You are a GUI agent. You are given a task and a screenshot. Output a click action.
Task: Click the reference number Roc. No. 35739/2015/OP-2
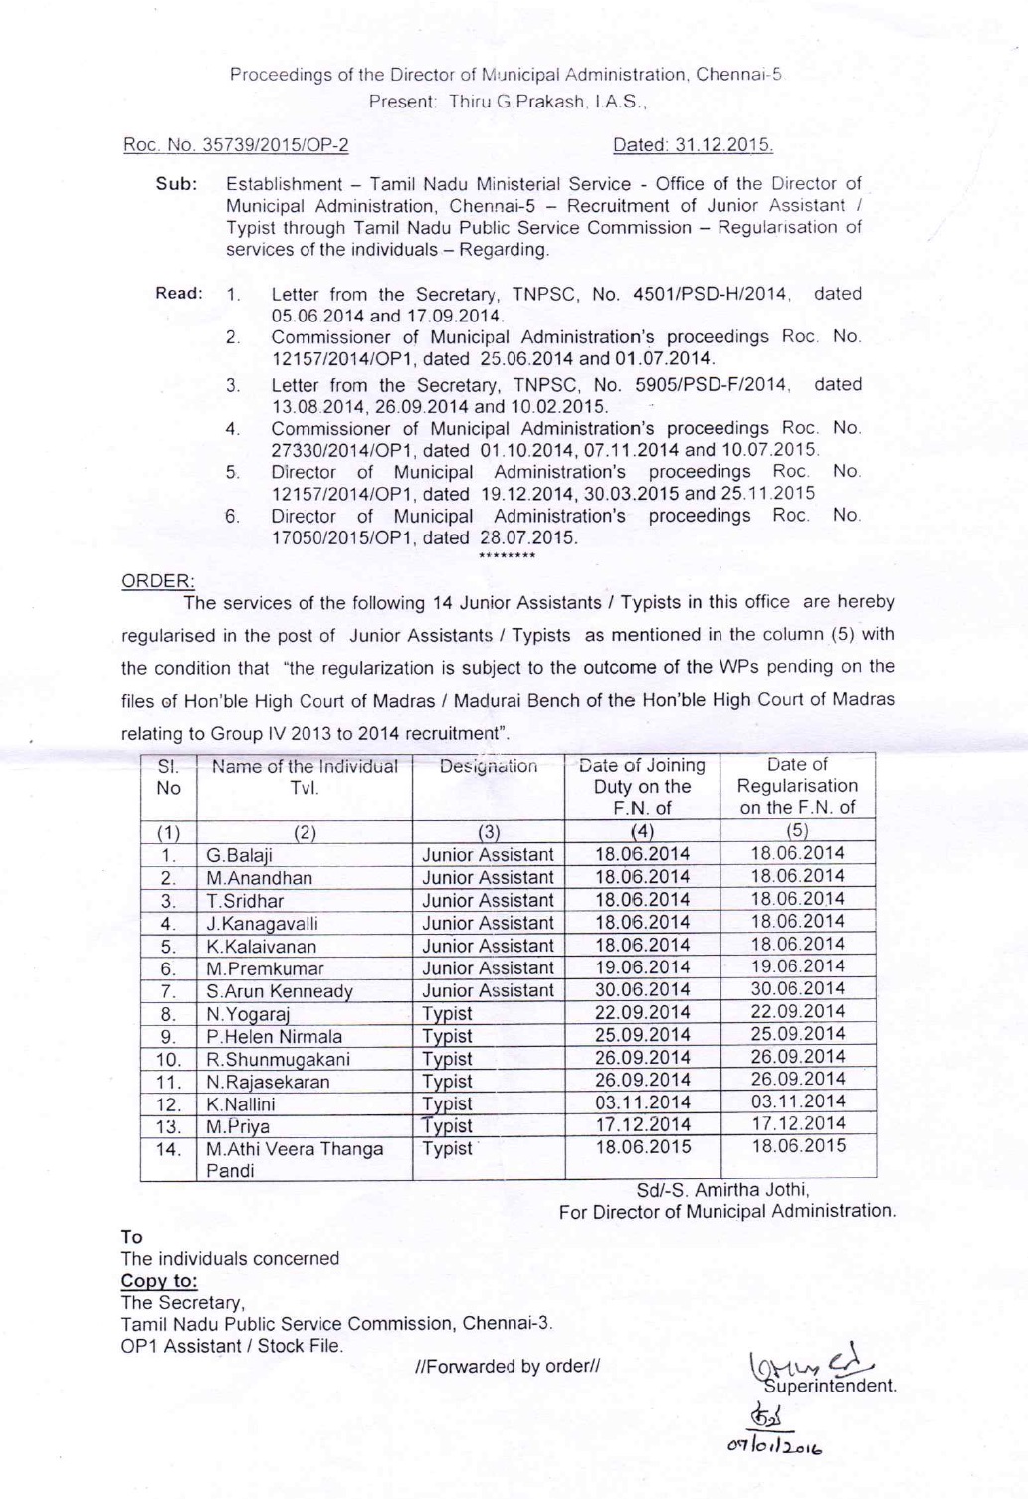coord(235,146)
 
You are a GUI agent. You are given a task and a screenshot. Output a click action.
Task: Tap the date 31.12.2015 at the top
coord(693,146)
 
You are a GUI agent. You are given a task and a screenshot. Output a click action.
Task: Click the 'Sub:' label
coord(175,184)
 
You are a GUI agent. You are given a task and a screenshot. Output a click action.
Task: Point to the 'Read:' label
coord(179,294)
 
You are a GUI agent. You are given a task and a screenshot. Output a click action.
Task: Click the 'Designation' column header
coord(489,767)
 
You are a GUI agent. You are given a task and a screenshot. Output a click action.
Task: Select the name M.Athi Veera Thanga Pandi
coord(294,1160)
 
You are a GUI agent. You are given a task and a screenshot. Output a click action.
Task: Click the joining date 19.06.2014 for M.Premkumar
coord(642,967)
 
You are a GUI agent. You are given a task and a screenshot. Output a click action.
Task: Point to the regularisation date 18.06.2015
coord(797,1146)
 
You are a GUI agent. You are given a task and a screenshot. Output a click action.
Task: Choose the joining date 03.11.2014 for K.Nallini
coord(642,1103)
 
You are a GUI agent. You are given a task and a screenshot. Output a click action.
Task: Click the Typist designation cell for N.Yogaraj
coord(447,1014)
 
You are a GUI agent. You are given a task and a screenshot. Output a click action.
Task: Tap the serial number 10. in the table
coord(168,1059)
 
